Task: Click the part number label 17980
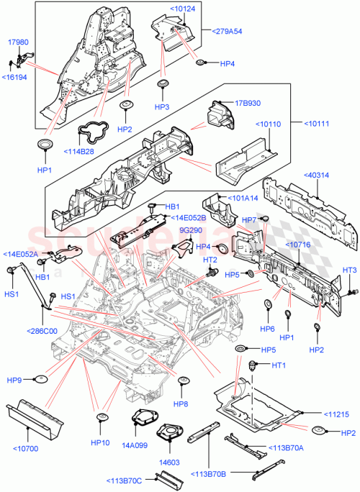click(x=19, y=42)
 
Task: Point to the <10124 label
click(x=181, y=9)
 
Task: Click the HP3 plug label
click(x=162, y=106)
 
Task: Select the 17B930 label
click(x=246, y=103)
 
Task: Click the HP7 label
click(x=249, y=219)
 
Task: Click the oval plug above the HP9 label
click(x=40, y=378)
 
